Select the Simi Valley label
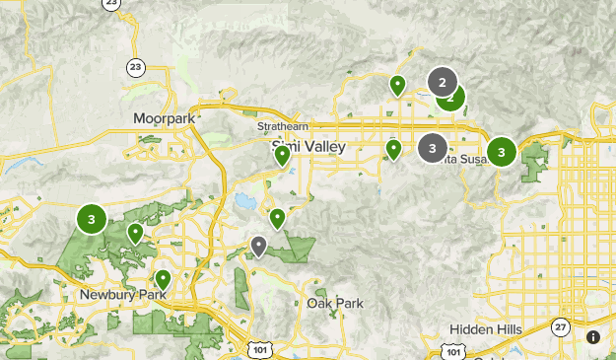click(308, 146)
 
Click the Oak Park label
click(335, 303)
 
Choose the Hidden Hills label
click(491, 328)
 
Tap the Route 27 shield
click(561, 327)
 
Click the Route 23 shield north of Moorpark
click(135, 67)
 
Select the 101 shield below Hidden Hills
click(452, 350)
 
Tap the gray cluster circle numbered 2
click(442, 82)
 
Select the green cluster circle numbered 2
click(451, 97)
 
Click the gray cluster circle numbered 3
click(432, 148)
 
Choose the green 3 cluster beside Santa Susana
click(502, 152)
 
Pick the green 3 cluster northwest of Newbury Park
click(92, 219)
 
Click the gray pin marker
click(259, 246)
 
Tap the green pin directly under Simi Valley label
click(283, 155)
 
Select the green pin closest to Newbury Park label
click(163, 279)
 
